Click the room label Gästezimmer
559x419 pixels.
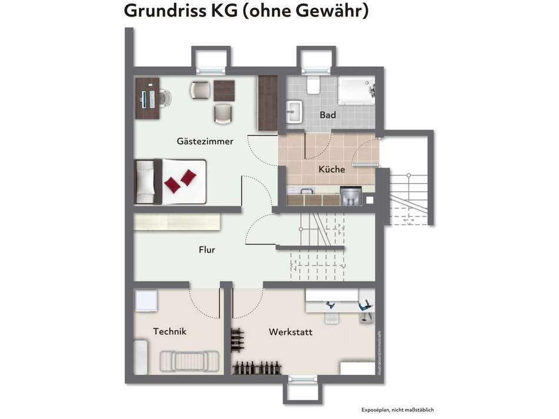pyautogui.click(x=205, y=141)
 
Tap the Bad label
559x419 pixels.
pyautogui.click(x=328, y=115)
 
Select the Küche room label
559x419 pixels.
pyautogui.click(x=331, y=169)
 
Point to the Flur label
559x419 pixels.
pyautogui.click(x=207, y=250)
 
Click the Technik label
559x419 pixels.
pyautogui.click(x=169, y=331)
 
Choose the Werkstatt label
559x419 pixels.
pyautogui.click(x=290, y=332)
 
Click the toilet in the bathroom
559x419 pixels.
pyautogui.click(x=313, y=85)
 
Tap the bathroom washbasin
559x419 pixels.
pyautogui.click(x=294, y=111)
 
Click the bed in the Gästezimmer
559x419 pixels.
pyautogui.click(x=170, y=181)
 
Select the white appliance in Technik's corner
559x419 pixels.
pyautogui.click(x=145, y=301)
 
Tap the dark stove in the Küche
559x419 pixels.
pyautogui.click(x=350, y=196)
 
